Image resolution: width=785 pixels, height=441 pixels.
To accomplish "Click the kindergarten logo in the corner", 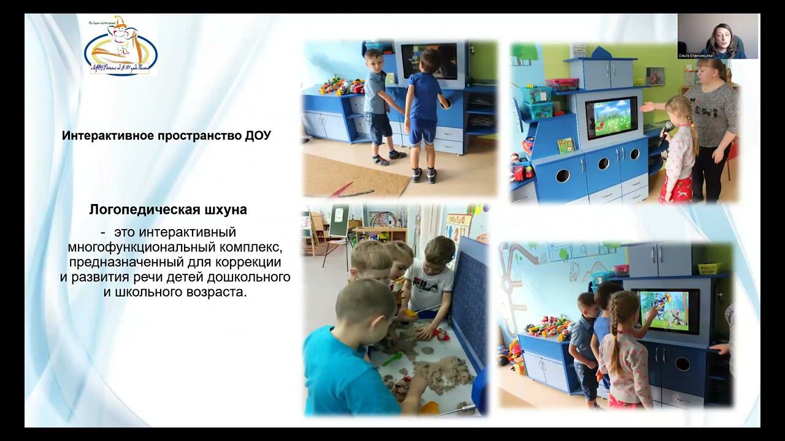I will tap(121, 48).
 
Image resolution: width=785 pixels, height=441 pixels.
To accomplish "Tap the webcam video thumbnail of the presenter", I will tap(718, 36).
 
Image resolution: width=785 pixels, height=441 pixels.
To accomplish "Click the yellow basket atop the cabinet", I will tap(711, 268).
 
